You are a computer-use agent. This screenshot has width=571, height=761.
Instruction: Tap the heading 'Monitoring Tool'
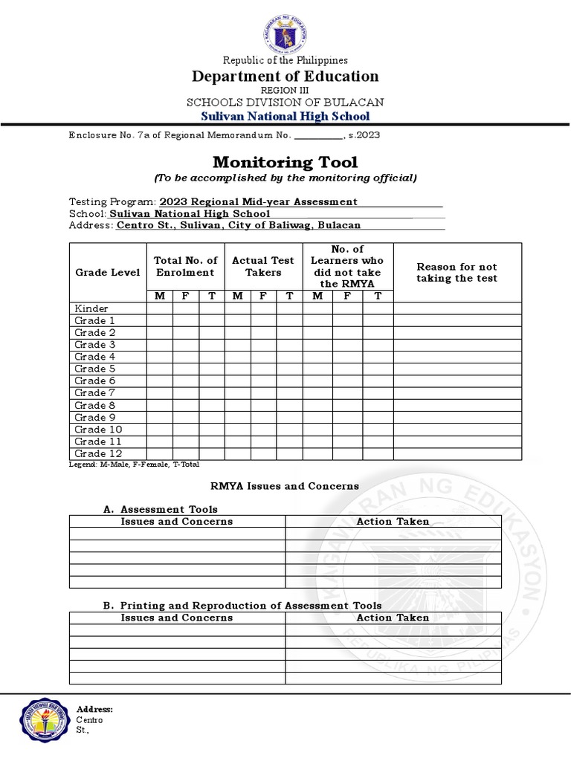(x=285, y=162)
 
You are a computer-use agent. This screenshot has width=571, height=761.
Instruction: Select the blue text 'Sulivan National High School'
(x=285, y=117)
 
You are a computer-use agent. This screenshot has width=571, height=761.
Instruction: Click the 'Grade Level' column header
(x=108, y=273)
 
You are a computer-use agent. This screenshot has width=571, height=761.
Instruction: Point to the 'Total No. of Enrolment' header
(x=185, y=266)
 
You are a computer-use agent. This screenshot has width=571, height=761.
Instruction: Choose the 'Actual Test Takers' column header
(x=263, y=266)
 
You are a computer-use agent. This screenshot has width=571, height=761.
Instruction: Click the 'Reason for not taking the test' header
(x=457, y=272)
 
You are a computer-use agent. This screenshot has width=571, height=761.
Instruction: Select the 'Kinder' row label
(x=91, y=308)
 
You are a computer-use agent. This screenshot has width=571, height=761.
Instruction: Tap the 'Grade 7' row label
(x=94, y=392)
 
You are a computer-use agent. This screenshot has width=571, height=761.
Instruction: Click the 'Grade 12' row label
(x=97, y=453)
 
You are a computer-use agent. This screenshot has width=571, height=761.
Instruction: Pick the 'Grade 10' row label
(x=97, y=430)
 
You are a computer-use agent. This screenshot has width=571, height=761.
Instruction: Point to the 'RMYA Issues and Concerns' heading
(x=285, y=486)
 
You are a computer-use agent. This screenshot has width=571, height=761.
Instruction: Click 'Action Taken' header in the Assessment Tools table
(x=393, y=522)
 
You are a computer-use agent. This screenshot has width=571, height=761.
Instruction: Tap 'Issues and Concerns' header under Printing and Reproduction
(x=177, y=618)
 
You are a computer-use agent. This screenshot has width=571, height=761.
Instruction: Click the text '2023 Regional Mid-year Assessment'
(x=259, y=202)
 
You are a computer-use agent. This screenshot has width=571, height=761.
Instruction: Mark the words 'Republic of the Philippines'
(x=285, y=60)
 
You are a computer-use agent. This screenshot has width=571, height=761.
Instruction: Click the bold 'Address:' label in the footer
(x=94, y=710)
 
